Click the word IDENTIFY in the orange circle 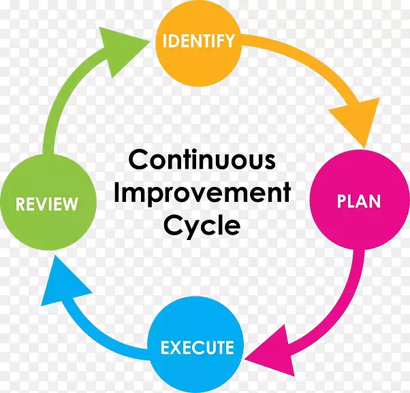(x=198, y=41)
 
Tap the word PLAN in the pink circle (x=358, y=201)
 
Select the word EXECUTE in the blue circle (x=197, y=347)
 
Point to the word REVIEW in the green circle (x=47, y=204)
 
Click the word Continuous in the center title (x=202, y=160)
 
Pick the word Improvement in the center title (x=202, y=192)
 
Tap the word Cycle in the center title (x=202, y=226)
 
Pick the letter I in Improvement (x=117, y=192)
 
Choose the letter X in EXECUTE (x=177, y=347)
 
